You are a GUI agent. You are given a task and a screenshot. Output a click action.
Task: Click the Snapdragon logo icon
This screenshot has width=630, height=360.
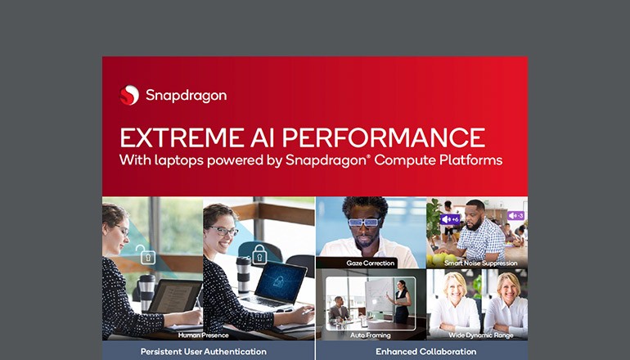(128, 95)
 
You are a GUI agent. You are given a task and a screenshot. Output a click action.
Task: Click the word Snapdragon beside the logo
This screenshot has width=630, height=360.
(186, 96)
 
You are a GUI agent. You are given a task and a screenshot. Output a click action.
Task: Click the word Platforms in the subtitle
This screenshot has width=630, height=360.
(470, 160)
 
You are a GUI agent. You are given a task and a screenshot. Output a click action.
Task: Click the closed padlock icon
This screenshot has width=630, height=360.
(260, 253)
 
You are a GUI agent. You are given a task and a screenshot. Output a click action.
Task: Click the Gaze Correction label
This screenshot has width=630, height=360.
(370, 263)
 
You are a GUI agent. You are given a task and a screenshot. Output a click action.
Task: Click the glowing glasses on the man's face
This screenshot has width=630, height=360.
(363, 222)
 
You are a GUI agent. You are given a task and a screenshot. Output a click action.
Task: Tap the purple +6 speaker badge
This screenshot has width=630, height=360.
(450, 219)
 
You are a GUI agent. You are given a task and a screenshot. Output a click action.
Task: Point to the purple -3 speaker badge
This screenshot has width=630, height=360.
(515, 216)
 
